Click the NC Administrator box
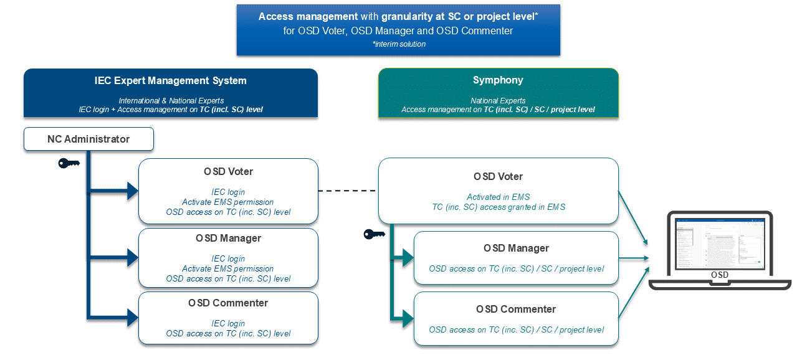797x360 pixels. (88, 139)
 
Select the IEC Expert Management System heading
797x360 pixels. (170, 80)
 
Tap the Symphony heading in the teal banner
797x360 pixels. (498, 80)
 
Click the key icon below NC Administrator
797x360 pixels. (68, 163)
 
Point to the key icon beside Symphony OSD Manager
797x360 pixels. (374, 234)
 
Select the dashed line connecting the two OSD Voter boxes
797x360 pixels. (348, 191)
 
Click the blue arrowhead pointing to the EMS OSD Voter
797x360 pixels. (132, 191)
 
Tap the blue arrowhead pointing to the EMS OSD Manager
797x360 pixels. (132, 257)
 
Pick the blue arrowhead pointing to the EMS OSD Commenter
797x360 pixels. (132, 318)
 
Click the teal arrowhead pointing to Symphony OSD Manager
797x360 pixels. (408, 257)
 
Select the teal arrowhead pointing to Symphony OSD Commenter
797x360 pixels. (408, 318)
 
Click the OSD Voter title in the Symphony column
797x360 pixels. (498, 176)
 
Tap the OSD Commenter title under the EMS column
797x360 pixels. (228, 303)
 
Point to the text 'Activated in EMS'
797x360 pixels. (498, 197)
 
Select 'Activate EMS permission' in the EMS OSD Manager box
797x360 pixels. (228, 268)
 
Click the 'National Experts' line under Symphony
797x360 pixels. (498, 100)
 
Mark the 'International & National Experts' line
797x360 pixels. (170, 100)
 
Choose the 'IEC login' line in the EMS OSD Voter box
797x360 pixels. (228, 192)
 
